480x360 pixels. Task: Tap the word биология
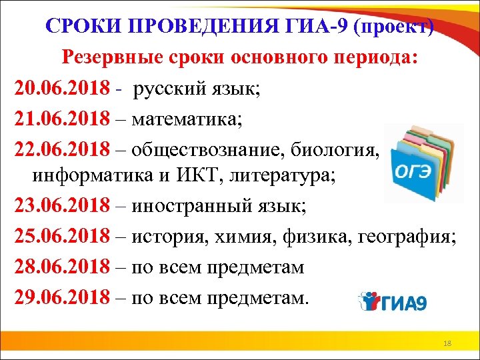point(344,151)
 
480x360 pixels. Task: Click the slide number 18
point(447,343)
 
